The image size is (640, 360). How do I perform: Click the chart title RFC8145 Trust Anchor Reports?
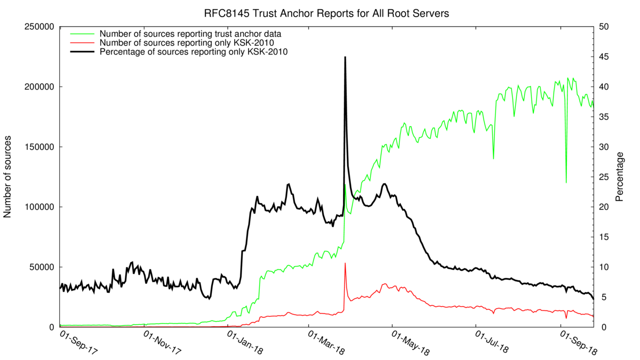326,13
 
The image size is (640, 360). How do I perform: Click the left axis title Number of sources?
8,177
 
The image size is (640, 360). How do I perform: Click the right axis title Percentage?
620,177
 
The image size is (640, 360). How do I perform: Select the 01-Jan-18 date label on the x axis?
246,344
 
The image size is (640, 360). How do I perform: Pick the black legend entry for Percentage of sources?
194,52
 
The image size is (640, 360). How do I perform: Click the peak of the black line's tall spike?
345,57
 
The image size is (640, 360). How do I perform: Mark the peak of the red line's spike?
345,263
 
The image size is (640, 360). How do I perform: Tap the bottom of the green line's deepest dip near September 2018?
566,182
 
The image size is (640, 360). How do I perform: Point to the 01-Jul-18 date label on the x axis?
494,344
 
